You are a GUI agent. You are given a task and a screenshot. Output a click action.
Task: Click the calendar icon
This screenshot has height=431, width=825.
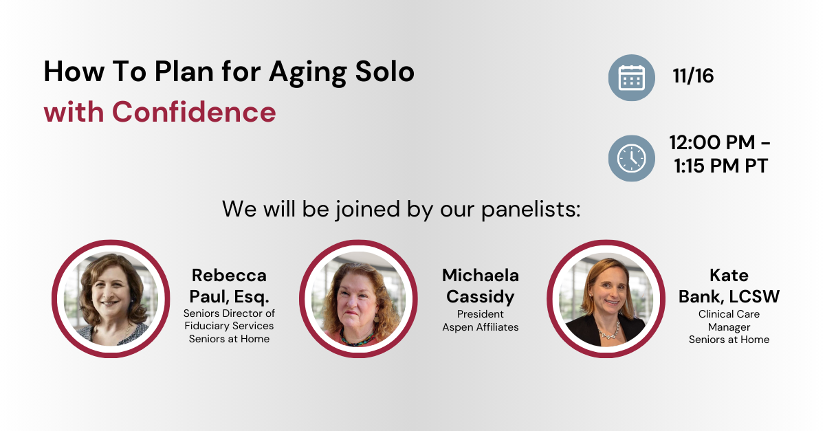(631, 78)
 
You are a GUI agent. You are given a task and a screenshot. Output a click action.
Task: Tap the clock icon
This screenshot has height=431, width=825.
(631, 158)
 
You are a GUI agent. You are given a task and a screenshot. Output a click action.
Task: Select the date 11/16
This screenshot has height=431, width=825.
(693, 76)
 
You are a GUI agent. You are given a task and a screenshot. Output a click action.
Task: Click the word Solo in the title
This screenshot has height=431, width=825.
(385, 71)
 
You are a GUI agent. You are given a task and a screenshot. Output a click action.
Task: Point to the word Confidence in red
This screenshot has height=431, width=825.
(194, 112)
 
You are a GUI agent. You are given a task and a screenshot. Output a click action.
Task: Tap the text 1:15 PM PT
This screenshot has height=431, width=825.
(720, 166)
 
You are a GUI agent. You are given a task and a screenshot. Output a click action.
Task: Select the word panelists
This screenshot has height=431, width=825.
(531, 210)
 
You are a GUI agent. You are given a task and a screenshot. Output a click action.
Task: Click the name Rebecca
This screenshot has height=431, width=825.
(229, 275)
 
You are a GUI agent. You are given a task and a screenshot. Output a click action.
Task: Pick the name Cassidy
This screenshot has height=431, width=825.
(481, 297)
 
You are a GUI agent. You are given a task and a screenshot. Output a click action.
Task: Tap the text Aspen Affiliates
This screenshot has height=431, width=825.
(481, 327)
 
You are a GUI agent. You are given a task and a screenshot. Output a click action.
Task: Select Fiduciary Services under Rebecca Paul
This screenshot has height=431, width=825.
(229, 326)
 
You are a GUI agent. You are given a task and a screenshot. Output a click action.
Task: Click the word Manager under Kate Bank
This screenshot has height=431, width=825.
(729, 327)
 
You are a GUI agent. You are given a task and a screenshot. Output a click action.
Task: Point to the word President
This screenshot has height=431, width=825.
(481, 314)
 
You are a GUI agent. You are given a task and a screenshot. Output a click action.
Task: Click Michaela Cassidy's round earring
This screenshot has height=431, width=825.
(377, 318)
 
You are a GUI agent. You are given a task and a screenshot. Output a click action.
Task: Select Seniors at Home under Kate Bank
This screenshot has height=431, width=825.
(729, 340)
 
